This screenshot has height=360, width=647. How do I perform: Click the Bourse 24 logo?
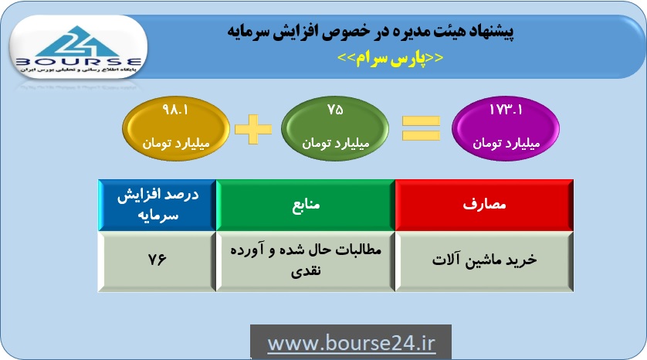[78, 47]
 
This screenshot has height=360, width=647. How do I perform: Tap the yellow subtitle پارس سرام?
[391, 58]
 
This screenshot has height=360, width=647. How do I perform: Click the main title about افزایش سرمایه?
[370, 32]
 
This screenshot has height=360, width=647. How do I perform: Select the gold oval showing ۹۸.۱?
[176, 128]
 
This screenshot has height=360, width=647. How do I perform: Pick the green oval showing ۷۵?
[335, 128]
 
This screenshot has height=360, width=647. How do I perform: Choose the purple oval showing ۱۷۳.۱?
[506, 128]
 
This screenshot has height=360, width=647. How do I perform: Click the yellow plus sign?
[253, 129]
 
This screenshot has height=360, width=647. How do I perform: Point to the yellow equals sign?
[422, 128]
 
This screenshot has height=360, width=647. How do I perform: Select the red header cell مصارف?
[484, 205]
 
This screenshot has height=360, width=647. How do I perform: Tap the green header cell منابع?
[306, 205]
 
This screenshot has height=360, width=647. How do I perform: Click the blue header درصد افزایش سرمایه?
[158, 205]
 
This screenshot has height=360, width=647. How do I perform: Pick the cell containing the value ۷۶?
[158, 261]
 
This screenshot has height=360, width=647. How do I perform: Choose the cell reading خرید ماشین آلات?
[484, 261]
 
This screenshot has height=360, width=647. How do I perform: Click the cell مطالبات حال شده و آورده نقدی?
[306, 261]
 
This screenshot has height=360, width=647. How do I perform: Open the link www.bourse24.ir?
[351, 344]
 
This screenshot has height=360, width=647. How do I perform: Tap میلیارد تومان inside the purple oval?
[506, 143]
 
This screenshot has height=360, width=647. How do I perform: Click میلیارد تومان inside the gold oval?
[176, 143]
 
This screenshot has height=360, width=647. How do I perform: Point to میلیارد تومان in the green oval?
[335, 143]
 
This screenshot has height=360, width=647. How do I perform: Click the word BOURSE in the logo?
[79, 63]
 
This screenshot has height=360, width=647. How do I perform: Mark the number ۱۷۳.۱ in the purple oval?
[506, 110]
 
